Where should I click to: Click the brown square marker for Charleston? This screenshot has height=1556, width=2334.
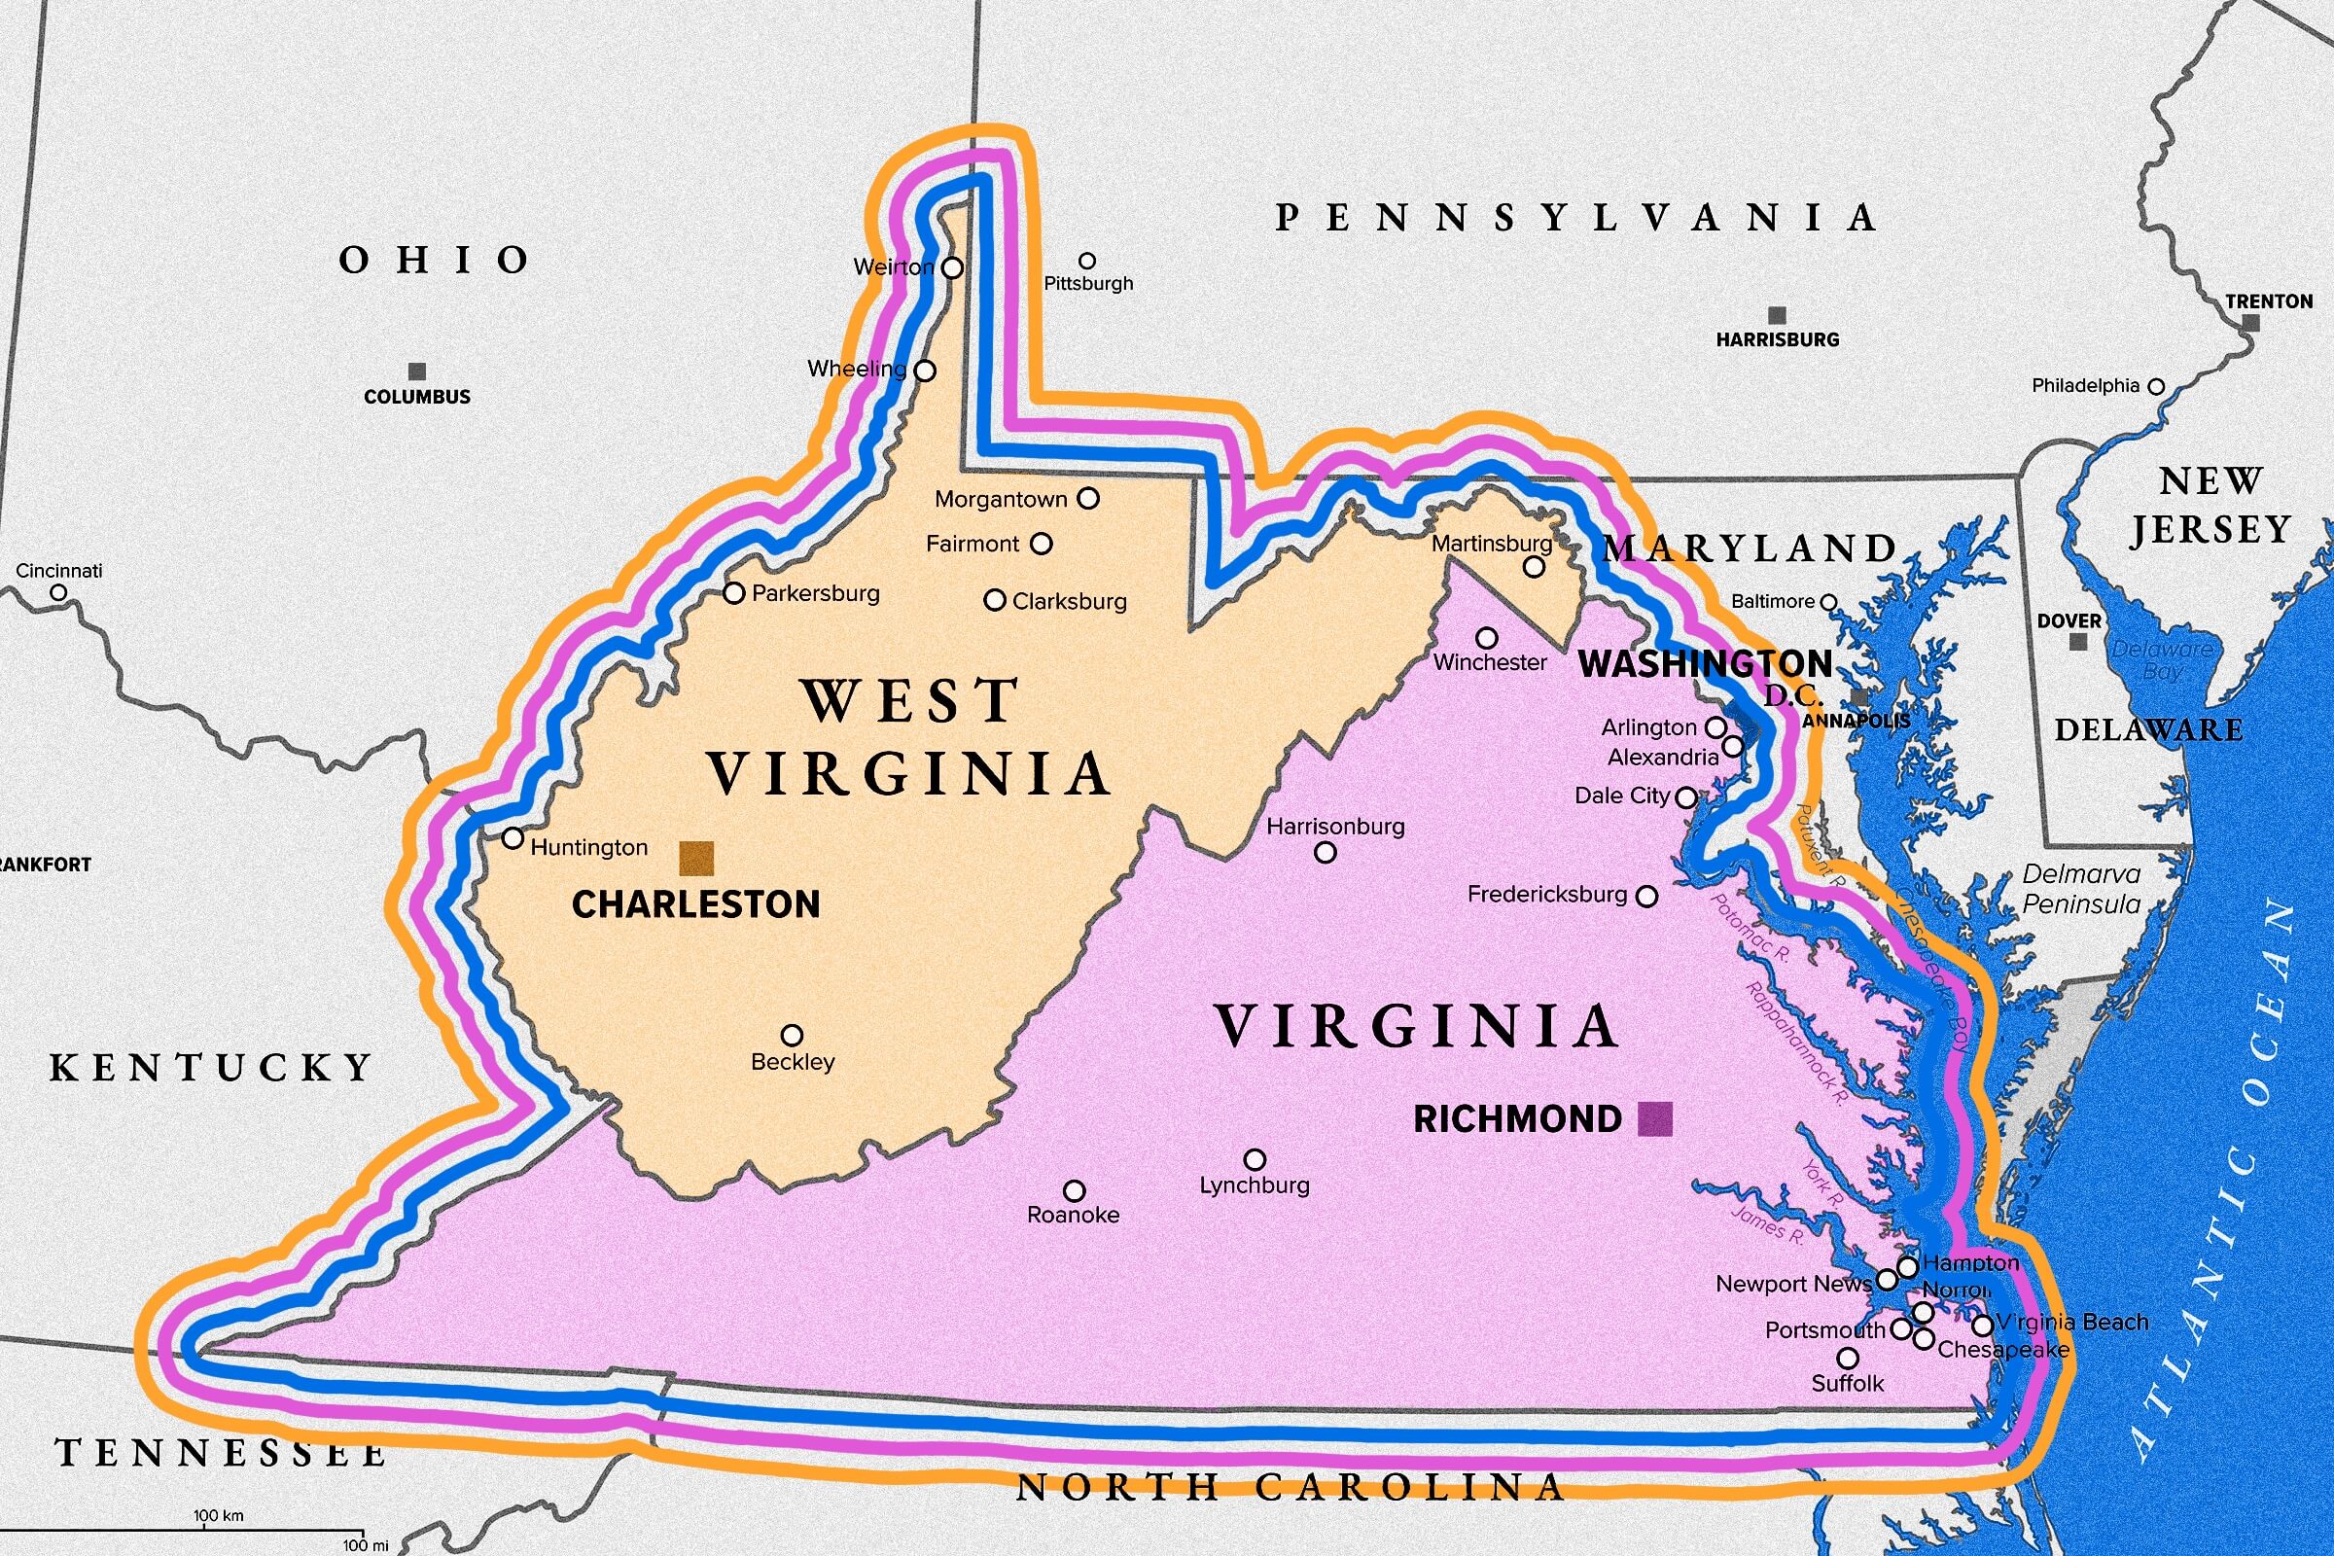tap(695, 858)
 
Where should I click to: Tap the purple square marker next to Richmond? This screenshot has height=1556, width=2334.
tap(1654, 1118)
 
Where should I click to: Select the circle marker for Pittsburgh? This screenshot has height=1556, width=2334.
tap(1087, 261)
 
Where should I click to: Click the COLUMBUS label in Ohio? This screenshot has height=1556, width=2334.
tap(417, 397)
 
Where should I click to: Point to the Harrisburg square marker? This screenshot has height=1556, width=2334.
tap(1778, 315)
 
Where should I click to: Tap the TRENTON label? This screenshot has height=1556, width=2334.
tap(2269, 301)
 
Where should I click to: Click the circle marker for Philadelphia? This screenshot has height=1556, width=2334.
tap(2155, 386)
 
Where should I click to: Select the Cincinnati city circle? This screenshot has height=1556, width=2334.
tap(58, 592)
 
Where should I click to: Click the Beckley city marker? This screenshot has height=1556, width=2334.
tap(792, 1036)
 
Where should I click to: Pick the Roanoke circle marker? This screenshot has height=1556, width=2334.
tap(1074, 1190)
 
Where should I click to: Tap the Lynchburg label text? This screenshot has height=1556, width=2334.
tap(1255, 1185)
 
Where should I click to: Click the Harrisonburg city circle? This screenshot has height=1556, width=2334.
tap(1325, 853)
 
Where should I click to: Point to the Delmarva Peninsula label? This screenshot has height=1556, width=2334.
tap(2081, 889)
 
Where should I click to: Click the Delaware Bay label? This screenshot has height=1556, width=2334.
tap(2161, 660)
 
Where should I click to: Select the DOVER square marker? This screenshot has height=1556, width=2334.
tap(2078, 642)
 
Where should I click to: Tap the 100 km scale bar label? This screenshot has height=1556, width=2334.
tap(218, 1515)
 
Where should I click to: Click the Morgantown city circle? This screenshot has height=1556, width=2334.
tap(1088, 498)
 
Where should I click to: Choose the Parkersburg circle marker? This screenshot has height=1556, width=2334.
tap(733, 593)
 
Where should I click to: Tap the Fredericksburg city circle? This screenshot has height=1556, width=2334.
tap(1646, 896)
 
